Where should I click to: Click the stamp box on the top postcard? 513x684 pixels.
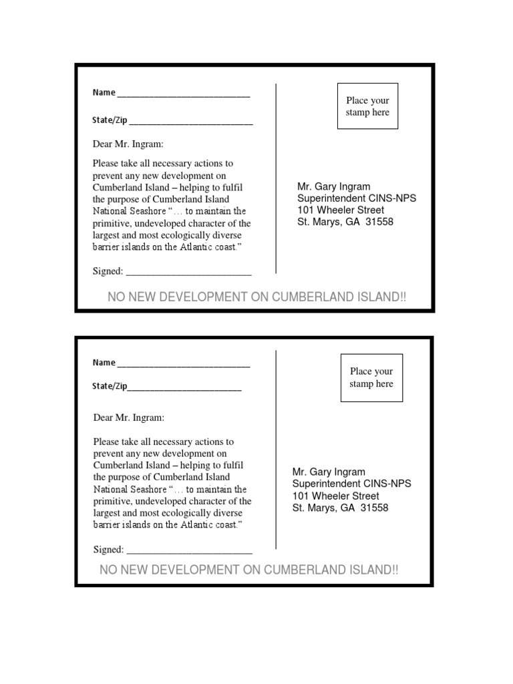tap(367, 106)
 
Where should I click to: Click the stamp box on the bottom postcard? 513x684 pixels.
tap(371, 377)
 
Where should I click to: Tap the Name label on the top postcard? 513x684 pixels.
tap(104, 92)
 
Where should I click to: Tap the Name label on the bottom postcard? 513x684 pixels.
tap(104, 363)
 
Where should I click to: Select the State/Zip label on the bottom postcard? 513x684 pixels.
tap(110, 387)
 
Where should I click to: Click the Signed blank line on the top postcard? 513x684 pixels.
tap(188, 273)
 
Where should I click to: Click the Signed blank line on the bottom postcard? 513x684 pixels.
tap(189, 551)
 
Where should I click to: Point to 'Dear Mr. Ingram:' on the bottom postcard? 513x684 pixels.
tap(128, 417)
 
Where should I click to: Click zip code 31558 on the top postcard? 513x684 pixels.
tap(377, 222)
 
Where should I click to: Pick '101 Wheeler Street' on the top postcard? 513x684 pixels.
tap(341, 210)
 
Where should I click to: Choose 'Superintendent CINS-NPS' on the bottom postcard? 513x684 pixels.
tap(352, 484)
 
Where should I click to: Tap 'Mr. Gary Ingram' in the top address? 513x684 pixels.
tap(333, 187)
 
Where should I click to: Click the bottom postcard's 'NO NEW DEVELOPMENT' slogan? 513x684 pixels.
tap(248, 570)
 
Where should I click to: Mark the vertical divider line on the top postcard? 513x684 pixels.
tap(277, 179)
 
